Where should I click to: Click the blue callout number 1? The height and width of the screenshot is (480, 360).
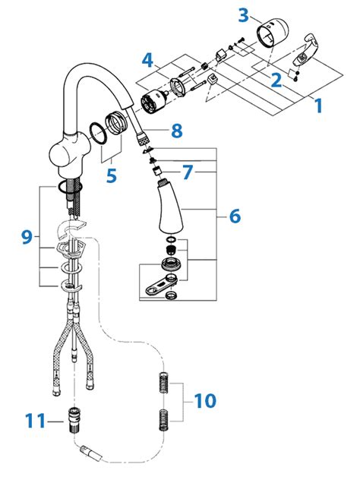(x=318, y=106)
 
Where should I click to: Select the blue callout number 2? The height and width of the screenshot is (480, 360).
(x=276, y=80)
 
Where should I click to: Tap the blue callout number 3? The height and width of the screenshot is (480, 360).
(x=244, y=15)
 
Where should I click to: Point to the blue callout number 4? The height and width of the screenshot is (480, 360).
(x=147, y=60)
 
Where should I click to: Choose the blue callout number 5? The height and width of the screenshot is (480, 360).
(x=112, y=175)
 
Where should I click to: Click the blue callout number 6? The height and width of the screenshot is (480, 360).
(x=235, y=216)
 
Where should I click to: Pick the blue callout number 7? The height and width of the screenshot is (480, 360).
(x=188, y=172)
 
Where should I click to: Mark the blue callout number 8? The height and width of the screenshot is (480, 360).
(x=177, y=131)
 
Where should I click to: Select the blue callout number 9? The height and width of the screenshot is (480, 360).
(x=27, y=237)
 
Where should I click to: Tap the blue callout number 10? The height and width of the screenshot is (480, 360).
(x=205, y=401)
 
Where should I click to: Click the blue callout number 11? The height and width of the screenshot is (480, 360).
(x=35, y=421)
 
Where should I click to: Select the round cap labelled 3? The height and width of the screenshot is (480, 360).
(x=273, y=33)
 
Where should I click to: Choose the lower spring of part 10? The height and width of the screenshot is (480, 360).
(x=164, y=420)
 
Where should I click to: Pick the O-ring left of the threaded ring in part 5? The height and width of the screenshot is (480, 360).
(x=98, y=133)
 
